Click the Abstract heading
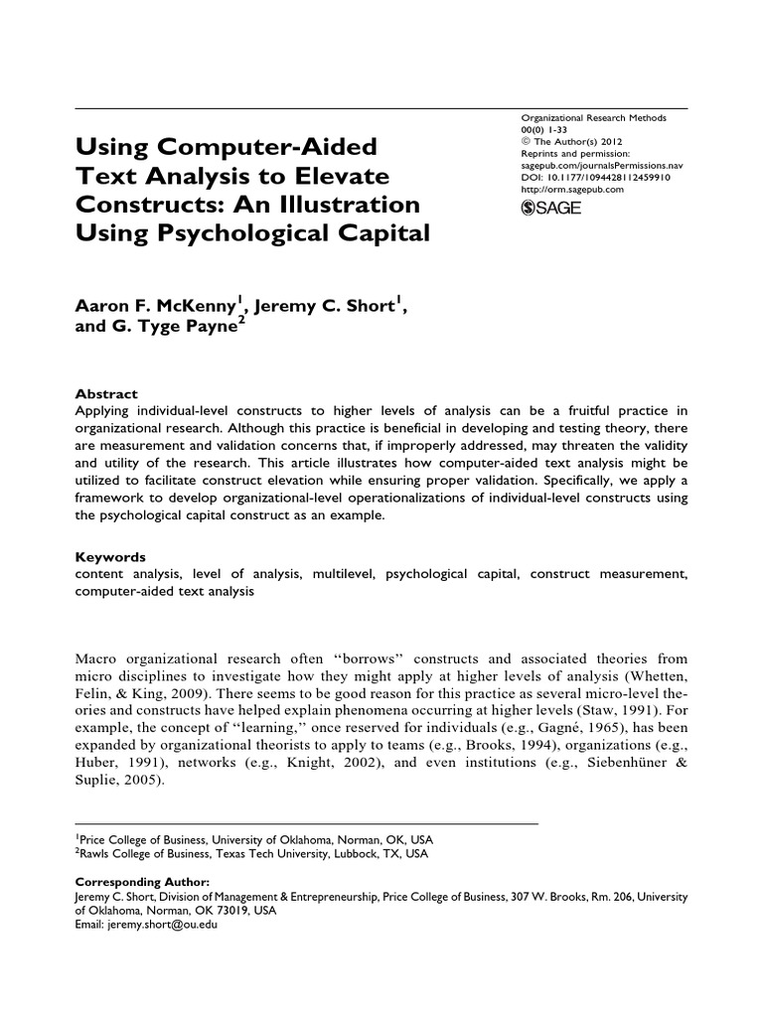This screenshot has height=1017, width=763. click(x=106, y=394)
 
